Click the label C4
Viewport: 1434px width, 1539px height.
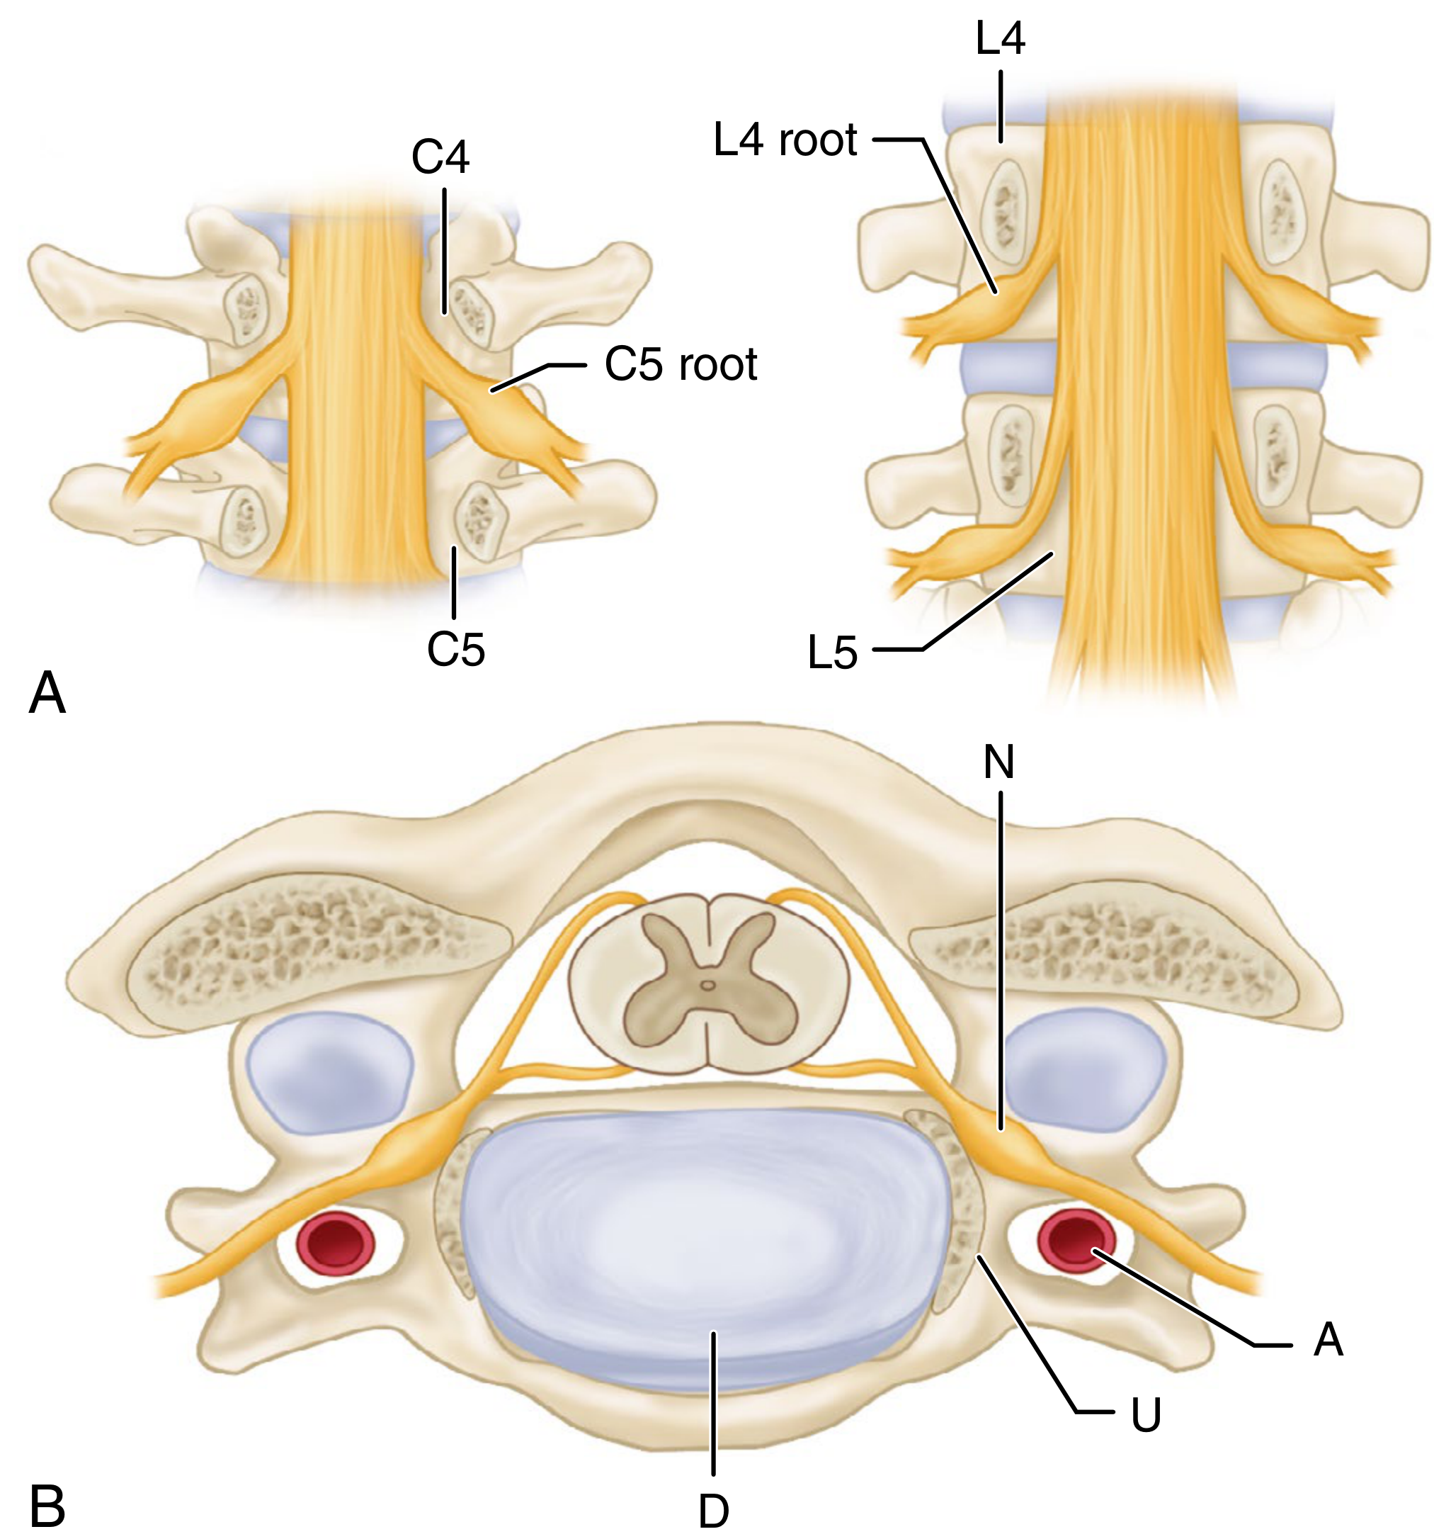(x=440, y=157)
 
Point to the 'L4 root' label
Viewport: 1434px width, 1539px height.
(x=785, y=140)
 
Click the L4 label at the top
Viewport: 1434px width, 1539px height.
(x=1001, y=38)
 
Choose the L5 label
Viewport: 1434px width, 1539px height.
(x=833, y=653)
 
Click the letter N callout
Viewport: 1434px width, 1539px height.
(x=998, y=762)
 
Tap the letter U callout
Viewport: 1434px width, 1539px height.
(x=1146, y=1414)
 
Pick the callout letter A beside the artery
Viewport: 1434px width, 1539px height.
(x=1328, y=1340)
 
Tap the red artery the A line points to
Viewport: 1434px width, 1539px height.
(x=1077, y=1244)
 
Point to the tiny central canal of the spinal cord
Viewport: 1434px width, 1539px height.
(x=708, y=986)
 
